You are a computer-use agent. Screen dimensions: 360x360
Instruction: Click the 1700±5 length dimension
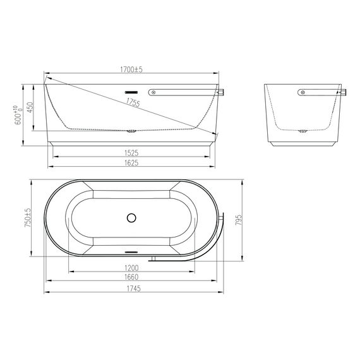coord(131,69)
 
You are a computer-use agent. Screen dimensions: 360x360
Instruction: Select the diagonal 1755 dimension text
coord(133,102)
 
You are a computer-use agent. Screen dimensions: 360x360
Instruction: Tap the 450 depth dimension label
coord(30,107)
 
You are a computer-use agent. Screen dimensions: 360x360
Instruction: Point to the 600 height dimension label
coord(19,115)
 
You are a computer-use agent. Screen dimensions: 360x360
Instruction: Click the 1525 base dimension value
coord(131,153)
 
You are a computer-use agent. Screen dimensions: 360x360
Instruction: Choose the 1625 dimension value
coord(131,163)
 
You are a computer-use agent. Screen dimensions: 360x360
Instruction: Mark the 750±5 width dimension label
coord(27,218)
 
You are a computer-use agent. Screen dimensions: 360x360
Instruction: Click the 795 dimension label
coord(239,220)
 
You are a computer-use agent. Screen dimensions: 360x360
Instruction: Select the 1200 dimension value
coord(131,268)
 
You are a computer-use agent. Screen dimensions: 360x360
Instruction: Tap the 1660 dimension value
coord(131,277)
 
